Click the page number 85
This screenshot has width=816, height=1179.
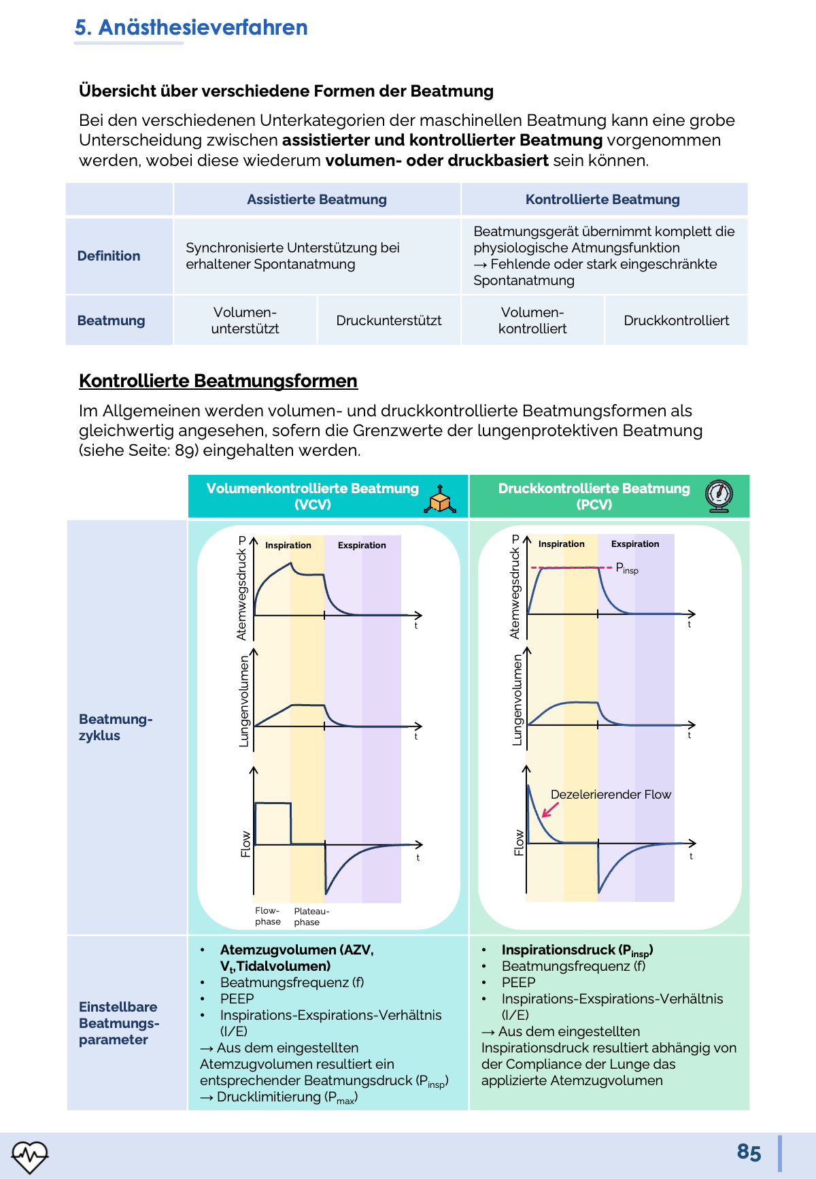(749, 1152)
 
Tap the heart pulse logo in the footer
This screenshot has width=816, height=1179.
(30, 1156)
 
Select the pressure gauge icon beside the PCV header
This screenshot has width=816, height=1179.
(719, 496)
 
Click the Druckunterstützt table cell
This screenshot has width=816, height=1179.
(389, 320)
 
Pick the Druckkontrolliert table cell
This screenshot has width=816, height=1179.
(676, 320)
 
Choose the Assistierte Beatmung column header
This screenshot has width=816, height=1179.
(317, 199)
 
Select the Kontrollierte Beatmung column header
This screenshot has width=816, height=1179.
(602, 199)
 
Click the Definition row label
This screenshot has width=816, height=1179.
(109, 256)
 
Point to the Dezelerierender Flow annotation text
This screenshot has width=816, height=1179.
(611, 795)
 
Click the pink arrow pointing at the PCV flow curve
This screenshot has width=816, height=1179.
(550, 810)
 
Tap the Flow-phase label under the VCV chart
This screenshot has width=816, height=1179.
(268, 916)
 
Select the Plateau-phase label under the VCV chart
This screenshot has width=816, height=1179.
(311, 916)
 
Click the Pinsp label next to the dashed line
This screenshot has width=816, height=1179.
(627, 568)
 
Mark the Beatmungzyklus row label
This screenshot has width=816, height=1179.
(115, 727)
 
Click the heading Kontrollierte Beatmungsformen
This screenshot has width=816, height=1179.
(218, 381)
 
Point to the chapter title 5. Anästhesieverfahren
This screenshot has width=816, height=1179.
(191, 27)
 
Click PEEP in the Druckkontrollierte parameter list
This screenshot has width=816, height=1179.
(518, 982)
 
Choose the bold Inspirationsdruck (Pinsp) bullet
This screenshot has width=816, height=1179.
(577, 950)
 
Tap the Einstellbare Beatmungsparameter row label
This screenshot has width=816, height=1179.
(119, 1023)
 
